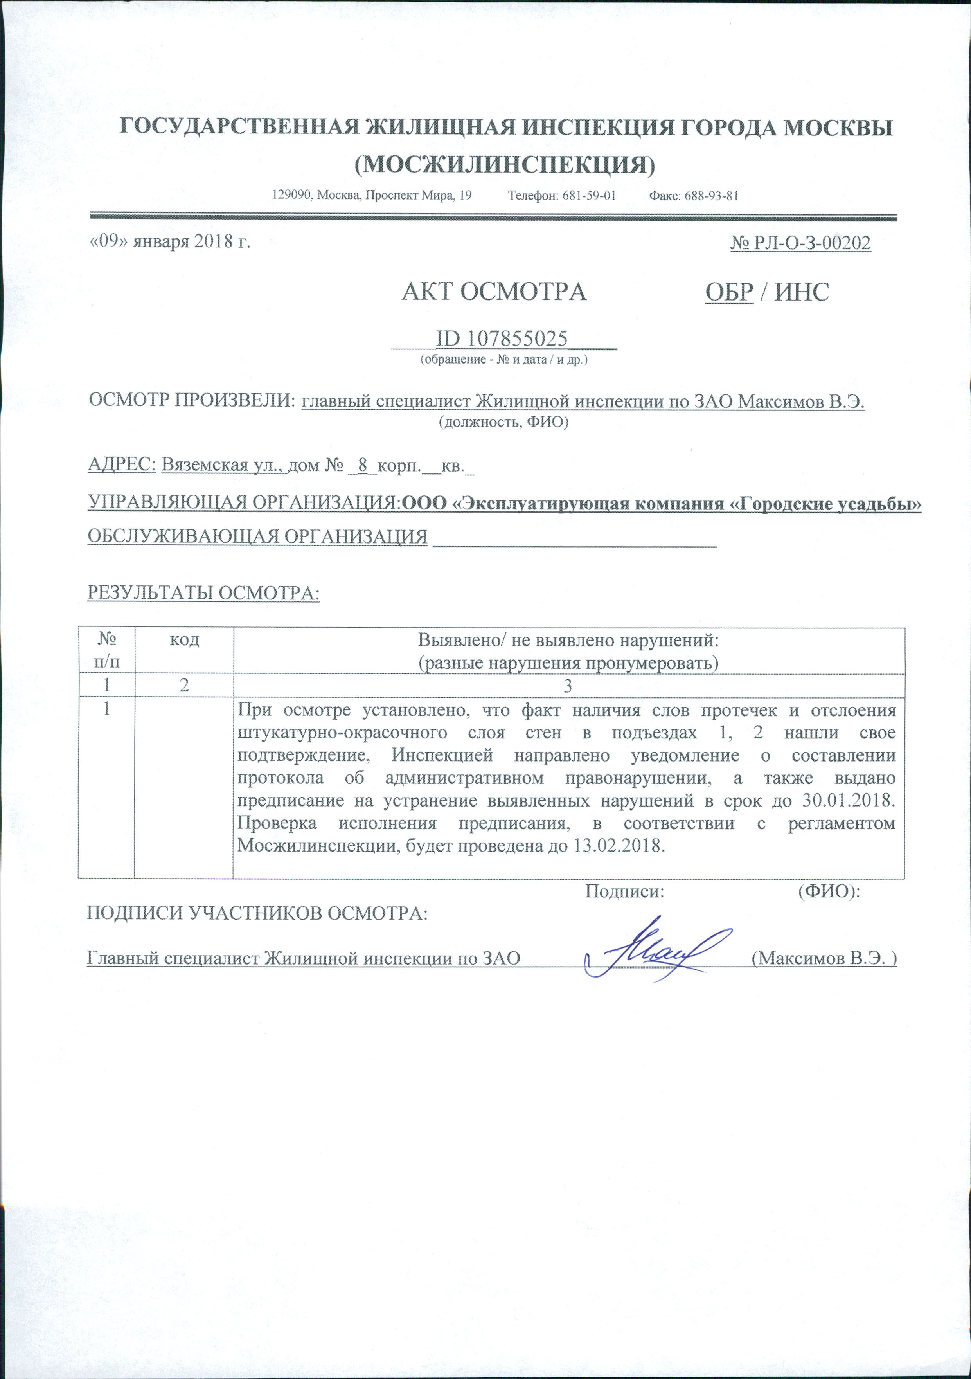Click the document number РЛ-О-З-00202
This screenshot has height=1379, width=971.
pyautogui.click(x=811, y=243)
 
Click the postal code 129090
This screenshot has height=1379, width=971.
pyautogui.click(x=291, y=196)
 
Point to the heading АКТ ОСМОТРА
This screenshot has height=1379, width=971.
pyautogui.click(x=494, y=292)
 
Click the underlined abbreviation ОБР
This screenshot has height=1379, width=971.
pyautogui.click(x=729, y=292)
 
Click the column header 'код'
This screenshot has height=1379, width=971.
pyautogui.click(x=184, y=640)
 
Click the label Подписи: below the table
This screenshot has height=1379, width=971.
pyautogui.click(x=624, y=892)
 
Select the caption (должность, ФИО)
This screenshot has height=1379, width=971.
pyautogui.click(x=503, y=423)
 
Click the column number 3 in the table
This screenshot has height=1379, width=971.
pyautogui.click(x=568, y=686)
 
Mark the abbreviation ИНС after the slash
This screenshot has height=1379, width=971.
pyautogui.click(x=802, y=292)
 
